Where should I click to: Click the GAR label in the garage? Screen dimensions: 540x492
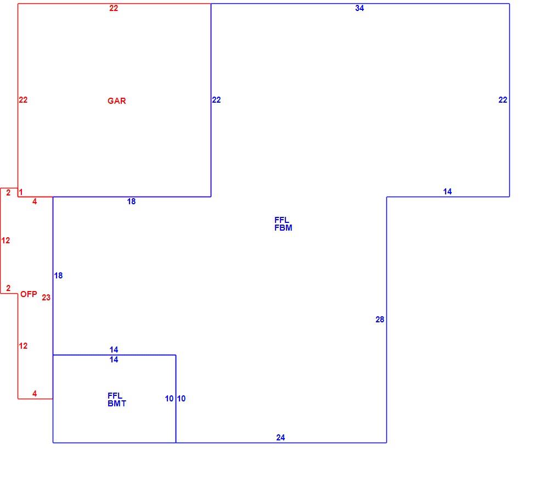pyautogui.click(x=117, y=101)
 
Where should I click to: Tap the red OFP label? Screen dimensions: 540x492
pyautogui.click(x=29, y=294)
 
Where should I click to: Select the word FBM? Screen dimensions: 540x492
pyautogui.click(x=283, y=228)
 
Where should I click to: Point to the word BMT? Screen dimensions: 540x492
pyautogui.click(x=117, y=404)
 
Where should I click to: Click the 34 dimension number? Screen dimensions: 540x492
pyautogui.click(x=359, y=8)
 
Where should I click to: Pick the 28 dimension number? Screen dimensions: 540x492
pyautogui.click(x=380, y=320)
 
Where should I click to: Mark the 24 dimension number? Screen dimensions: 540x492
pyautogui.click(x=280, y=438)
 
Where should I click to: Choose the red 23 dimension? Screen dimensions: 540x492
pyautogui.click(x=46, y=298)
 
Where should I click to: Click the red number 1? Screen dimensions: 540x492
pyautogui.click(x=21, y=192)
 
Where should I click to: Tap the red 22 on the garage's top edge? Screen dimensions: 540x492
pyautogui.click(x=114, y=8)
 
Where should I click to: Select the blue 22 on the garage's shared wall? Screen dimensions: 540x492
pyautogui.click(x=216, y=100)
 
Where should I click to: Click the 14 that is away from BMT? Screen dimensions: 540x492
pyautogui.click(x=447, y=192)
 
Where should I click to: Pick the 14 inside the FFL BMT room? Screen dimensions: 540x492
pyautogui.click(x=114, y=360)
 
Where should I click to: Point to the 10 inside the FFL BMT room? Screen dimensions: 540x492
pyautogui.click(x=169, y=399)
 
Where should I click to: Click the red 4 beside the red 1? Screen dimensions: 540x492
pyautogui.click(x=35, y=202)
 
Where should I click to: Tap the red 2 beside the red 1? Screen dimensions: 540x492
pyautogui.click(x=8, y=193)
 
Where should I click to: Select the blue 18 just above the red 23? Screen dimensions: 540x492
pyautogui.click(x=58, y=276)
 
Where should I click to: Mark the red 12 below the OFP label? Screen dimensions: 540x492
pyautogui.click(x=23, y=346)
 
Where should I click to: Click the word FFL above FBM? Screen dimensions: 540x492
pyautogui.click(x=282, y=220)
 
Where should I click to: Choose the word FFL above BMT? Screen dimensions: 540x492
pyautogui.click(x=115, y=396)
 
